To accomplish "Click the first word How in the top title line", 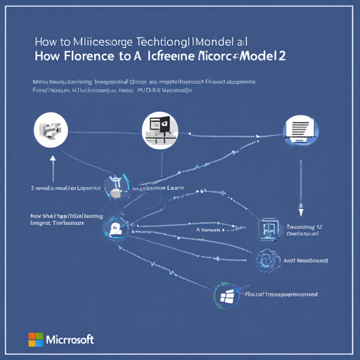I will coord(46,41).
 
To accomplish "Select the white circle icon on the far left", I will coord(49,132).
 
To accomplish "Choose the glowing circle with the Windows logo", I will coord(226,296).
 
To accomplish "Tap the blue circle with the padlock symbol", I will coord(114,227).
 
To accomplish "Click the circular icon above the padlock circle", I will coord(115,186).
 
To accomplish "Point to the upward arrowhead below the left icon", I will coord(52,159).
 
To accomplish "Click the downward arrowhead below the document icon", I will coord(300,210).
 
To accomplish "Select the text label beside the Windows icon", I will coord(281,294).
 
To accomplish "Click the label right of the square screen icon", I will coord(304,233).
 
